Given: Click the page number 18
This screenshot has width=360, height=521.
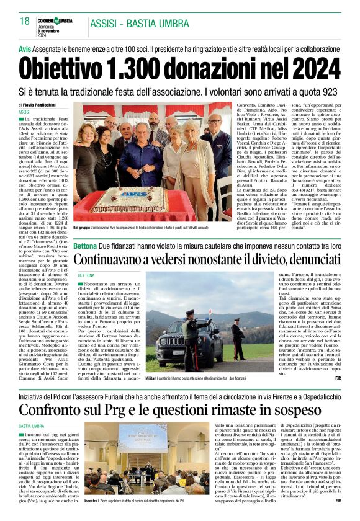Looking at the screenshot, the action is pos(25,22).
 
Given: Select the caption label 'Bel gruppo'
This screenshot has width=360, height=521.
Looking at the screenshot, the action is pos(81,228).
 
